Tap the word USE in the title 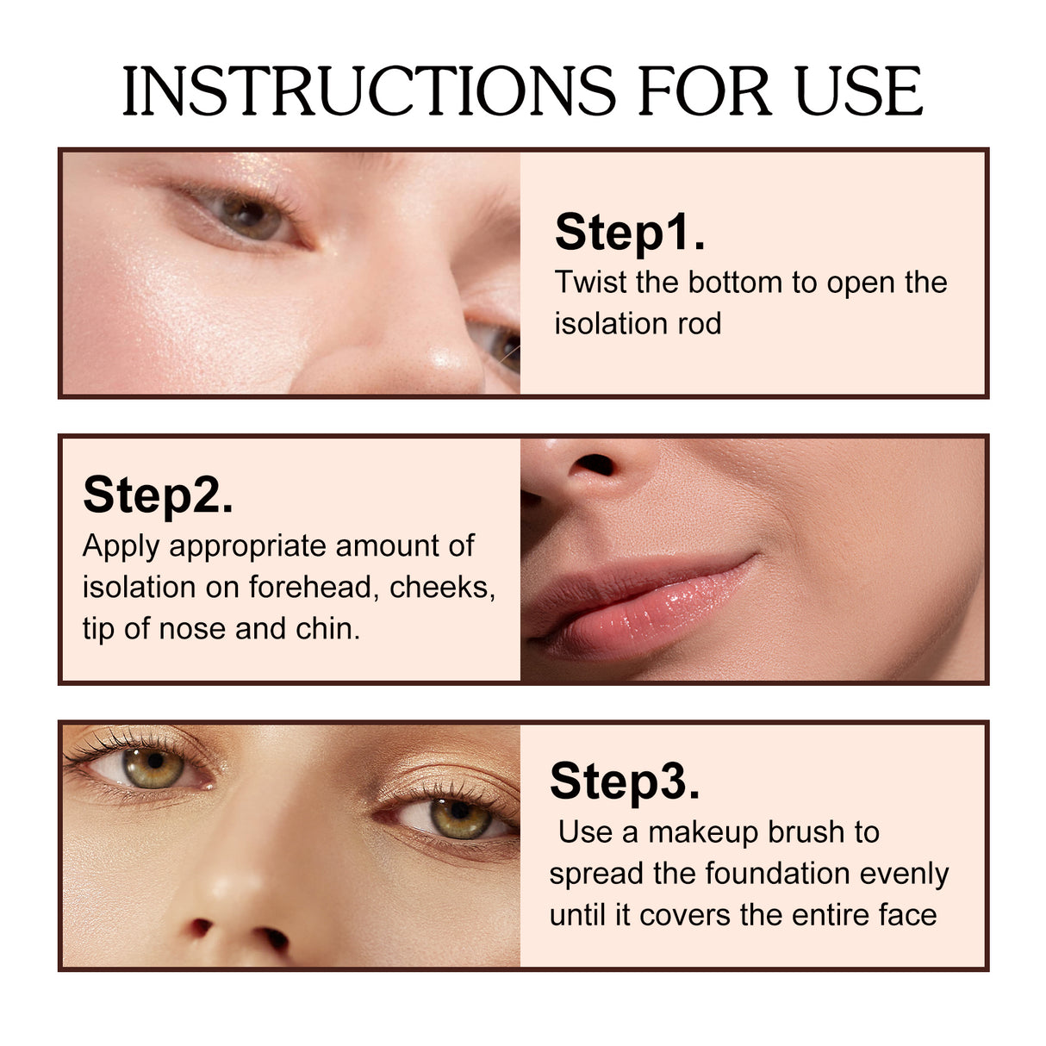[858, 90]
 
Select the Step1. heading [630, 232]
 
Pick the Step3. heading [625, 781]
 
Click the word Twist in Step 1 [590, 283]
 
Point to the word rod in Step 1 [698, 324]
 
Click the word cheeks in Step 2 [442, 587]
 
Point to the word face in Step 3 [908, 915]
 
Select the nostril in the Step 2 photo [593, 466]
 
